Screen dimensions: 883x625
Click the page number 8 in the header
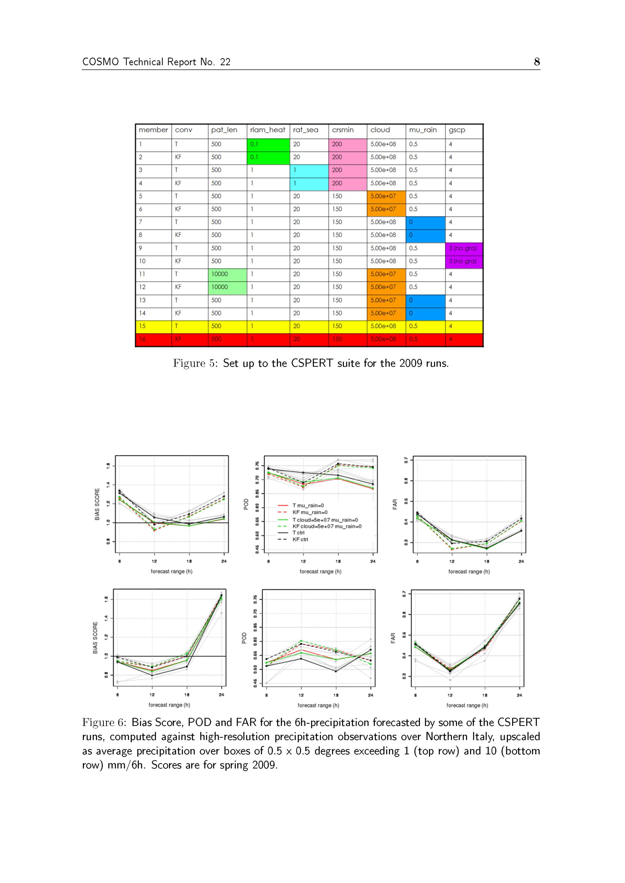coord(537,62)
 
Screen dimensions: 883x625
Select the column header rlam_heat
coord(267,130)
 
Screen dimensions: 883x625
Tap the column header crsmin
coord(342,130)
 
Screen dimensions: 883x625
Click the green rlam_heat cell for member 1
coord(268,145)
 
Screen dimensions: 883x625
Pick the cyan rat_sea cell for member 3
coord(309,170)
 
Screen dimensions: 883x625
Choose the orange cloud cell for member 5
coord(386,196)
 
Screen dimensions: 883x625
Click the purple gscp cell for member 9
coord(464,248)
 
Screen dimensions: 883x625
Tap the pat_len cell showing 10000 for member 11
coord(227,274)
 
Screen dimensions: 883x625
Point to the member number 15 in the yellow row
coord(142,326)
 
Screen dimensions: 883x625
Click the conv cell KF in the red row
coord(178,339)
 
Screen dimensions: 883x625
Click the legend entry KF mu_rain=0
coord(310,512)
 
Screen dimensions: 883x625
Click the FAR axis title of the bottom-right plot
coord(392,638)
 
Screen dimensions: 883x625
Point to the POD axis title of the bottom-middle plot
coord(244,638)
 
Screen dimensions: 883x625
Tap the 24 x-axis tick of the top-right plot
coord(521,561)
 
